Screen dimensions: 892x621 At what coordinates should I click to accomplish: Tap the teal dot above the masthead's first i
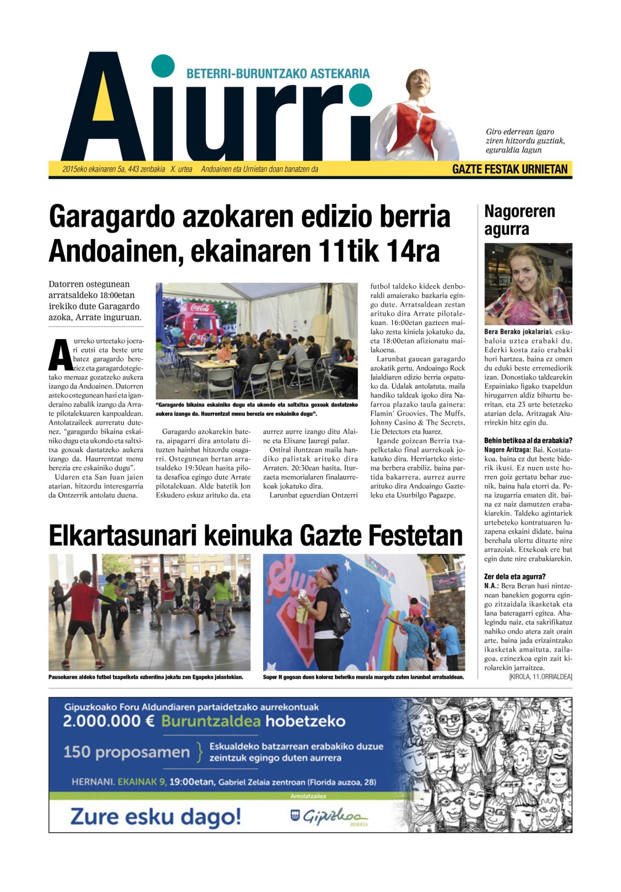[163, 66]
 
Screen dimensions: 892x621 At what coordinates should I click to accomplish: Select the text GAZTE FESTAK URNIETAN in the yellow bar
[510, 169]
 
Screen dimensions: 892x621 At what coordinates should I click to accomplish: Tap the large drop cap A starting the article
[60, 355]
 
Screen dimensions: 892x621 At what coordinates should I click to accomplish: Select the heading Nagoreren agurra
[519, 220]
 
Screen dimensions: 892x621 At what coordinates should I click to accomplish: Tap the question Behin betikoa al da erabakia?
[528, 441]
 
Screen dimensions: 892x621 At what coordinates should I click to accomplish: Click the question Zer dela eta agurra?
[515, 577]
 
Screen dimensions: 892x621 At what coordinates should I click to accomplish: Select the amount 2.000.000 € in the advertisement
[109, 722]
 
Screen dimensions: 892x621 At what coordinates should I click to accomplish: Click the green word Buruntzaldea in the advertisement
[210, 722]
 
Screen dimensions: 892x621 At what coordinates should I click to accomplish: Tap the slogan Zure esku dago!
[155, 817]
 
